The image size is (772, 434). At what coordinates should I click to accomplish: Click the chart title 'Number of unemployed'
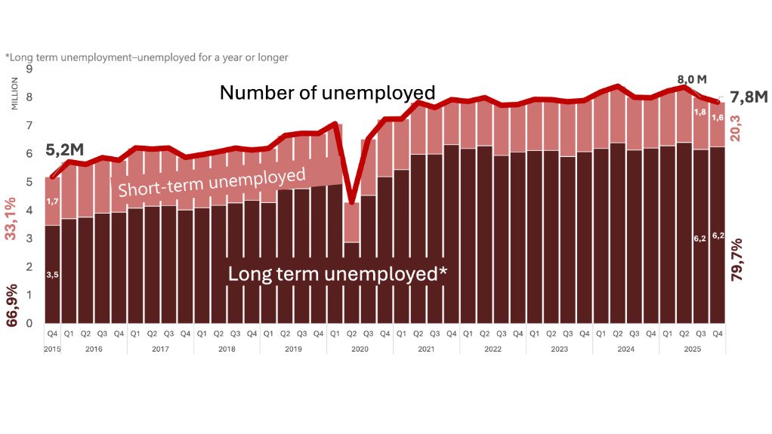[x=327, y=93]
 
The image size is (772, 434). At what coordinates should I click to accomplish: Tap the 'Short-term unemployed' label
[x=212, y=182]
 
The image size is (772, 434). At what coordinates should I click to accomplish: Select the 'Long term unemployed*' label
[x=337, y=274]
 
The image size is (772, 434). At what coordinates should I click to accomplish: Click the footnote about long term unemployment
[x=147, y=57]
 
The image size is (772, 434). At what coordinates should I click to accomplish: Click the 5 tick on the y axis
[x=29, y=182]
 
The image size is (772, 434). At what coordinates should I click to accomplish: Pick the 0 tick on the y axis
[x=29, y=323]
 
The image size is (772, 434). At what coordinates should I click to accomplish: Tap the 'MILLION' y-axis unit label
[x=14, y=92]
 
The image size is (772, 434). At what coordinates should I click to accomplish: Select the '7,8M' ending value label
[x=748, y=97]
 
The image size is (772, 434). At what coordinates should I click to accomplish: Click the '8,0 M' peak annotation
[x=691, y=79]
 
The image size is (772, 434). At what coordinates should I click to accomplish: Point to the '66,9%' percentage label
[x=12, y=305]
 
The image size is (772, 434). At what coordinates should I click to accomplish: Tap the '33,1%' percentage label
[x=12, y=219]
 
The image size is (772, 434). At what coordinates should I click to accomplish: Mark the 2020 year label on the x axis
[x=360, y=349]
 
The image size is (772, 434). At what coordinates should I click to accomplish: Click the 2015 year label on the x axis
[x=52, y=349]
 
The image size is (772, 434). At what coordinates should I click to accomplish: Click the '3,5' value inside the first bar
[x=52, y=275]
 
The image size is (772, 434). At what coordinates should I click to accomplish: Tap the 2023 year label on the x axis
[x=559, y=349]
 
